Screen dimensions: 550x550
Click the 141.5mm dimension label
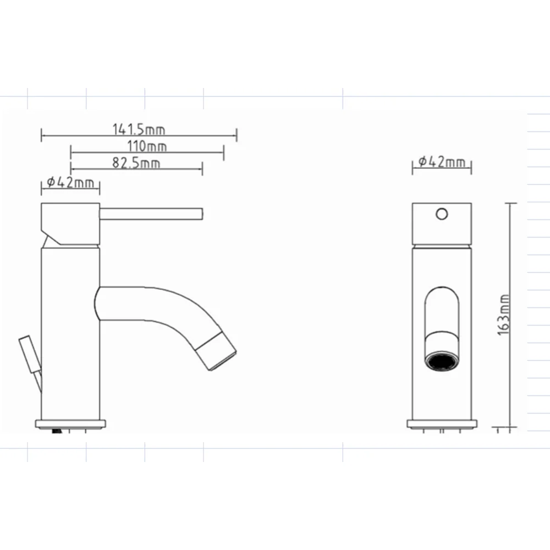(x=139, y=129)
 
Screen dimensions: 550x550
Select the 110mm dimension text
(x=147, y=146)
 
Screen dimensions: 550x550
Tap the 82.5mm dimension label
(x=136, y=163)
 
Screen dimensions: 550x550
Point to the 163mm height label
(x=503, y=315)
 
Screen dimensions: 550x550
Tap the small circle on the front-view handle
(x=442, y=214)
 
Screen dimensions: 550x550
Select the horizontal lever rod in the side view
(x=151, y=214)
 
